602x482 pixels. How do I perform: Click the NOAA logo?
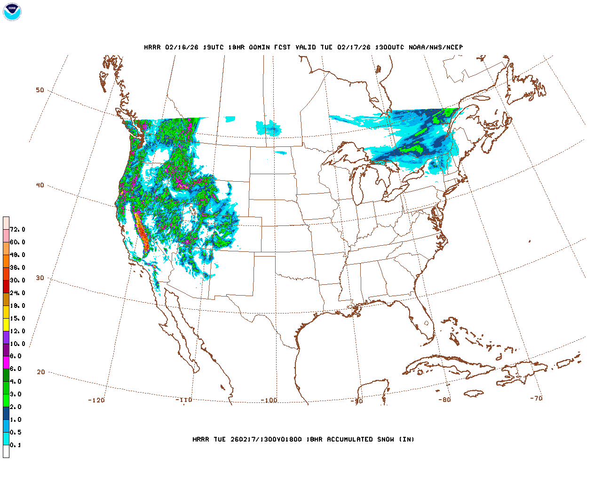[x=12, y=12]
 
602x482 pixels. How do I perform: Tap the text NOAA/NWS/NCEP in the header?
[x=436, y=48]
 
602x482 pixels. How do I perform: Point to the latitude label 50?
[x=40, y=90]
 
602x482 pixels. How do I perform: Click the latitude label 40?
[x=40, y=185]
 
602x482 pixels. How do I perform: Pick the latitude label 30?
[x=40, y=278]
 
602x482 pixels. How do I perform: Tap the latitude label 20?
[x=41, y=372]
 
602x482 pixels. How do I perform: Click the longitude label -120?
[x=96, y=400]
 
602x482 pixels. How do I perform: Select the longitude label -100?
[x=269, y=401]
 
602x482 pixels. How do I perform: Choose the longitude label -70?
[x=536, y=398]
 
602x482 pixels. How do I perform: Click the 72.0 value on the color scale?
[x=17, y=230]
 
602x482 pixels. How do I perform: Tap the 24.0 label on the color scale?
[x=17, y=293]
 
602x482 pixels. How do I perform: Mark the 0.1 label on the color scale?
[x=16, y=445]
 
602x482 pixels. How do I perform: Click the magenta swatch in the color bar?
[x=6, y=362]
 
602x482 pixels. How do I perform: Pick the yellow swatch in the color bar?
[x=6, y=324]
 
